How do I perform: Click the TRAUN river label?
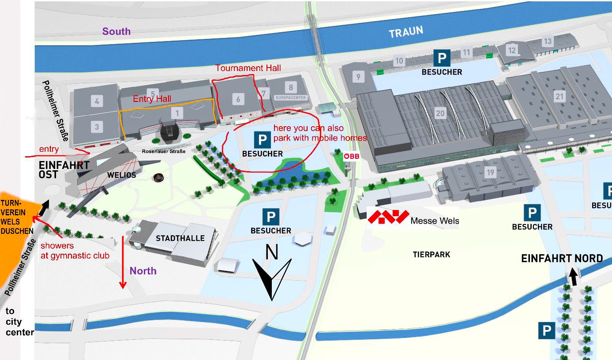405,32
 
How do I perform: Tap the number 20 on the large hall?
440,113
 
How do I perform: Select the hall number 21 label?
559,97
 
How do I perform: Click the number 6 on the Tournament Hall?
238,99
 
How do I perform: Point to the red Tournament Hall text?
248,68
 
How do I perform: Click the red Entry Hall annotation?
152,99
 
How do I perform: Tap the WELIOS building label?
121,175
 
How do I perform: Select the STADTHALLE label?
180,238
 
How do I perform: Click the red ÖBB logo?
352,156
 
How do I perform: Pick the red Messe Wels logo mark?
388,217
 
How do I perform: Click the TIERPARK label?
431,255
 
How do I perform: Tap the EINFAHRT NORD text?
562,259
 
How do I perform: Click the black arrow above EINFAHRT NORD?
573,277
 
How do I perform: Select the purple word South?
116,31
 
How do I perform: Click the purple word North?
143,271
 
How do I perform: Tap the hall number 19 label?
490,172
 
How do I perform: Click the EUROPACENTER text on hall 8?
290,97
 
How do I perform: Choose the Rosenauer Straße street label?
163,151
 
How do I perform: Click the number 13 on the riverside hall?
547,41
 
